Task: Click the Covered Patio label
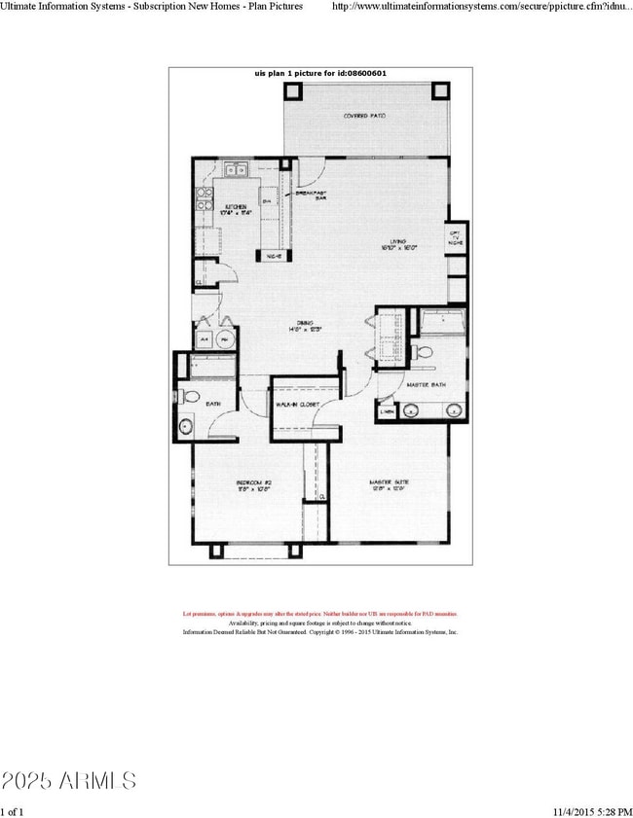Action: (x=365, y=116)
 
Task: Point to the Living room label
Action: (x=399, y=246)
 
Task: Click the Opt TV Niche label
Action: (x=455, y=237)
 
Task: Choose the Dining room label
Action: (x=305, y=326)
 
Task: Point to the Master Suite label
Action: (x=386, y=483)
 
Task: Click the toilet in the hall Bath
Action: (x=190, y=397)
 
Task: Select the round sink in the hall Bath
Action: (x=185, y=425)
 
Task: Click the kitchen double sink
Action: (x=237, y=171)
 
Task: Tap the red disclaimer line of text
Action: (x=320, y=614)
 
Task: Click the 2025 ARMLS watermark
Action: (x=68, y=780)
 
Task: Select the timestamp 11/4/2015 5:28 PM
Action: (x=583, y=810)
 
